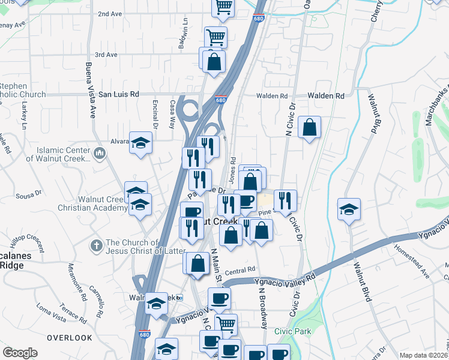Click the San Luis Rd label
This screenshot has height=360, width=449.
(119, 94)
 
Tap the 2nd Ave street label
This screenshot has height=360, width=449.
(110, 14)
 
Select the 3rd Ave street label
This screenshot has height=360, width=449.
(106, 55)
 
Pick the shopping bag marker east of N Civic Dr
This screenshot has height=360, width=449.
(309, 127)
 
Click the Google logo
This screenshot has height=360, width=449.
(20, 353)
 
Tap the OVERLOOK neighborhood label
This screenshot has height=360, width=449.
(70, 338)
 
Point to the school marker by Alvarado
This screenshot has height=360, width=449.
(141, 143)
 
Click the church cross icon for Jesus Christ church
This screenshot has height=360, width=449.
(95, 245)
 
